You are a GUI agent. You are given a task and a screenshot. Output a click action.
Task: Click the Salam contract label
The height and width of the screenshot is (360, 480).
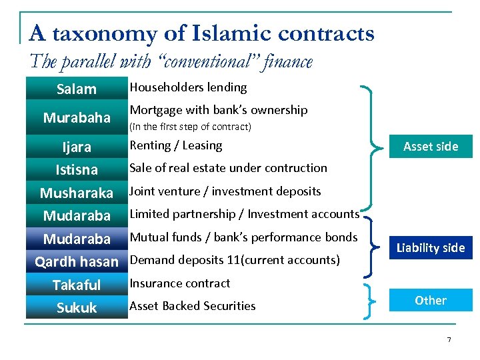click(x=77, y=89)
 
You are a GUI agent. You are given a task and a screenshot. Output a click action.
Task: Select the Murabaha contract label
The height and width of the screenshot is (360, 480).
click(x=77, y=118)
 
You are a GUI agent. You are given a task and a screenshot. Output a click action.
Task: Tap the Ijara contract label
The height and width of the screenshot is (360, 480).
click(x=77, y=147)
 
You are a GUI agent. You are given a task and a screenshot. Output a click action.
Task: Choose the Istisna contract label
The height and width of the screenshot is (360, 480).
click(x=77, y=170)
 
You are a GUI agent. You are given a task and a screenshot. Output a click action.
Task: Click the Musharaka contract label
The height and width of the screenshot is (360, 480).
click(x=77, y=193)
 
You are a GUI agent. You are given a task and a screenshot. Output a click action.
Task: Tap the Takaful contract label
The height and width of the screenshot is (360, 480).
click(x=77, y=285)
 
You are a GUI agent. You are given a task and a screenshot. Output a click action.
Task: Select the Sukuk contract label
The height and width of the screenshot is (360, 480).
click(x=77, y=308)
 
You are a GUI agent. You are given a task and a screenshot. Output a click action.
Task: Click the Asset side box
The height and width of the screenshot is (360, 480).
click(x=431, y=147)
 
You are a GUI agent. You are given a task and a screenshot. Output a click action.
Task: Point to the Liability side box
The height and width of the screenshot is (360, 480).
click(x=431, y=248)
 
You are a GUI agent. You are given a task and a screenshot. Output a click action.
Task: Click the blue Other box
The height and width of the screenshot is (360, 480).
click(x=431, y=300)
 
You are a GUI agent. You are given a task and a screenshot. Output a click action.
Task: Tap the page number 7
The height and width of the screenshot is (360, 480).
click(x=449, y=340)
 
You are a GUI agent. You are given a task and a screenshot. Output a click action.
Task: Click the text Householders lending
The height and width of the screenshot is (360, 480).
click(x=188, y=87)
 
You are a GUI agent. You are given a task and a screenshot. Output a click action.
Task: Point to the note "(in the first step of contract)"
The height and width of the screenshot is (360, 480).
click(x=190, y=127)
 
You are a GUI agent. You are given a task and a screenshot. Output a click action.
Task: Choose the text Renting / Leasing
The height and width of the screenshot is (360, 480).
click(x=175, y=145)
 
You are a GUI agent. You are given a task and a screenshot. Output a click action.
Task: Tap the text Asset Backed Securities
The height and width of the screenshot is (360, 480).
click(x=193, y=306)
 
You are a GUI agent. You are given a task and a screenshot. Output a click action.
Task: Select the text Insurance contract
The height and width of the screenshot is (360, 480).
click(x=180, y=283)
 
